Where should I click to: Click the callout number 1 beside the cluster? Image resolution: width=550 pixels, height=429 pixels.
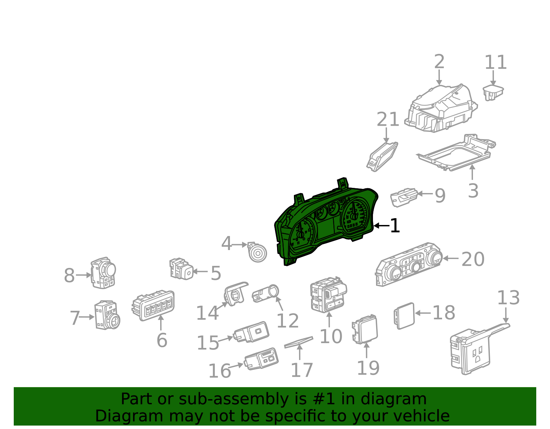395,226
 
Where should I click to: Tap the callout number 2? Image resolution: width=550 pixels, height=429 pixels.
439,62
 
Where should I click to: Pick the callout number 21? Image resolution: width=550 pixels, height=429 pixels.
388,120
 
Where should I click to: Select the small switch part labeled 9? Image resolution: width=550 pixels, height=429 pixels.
404,197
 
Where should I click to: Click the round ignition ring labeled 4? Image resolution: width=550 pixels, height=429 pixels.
257,253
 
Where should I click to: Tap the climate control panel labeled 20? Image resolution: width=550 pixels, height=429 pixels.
409,264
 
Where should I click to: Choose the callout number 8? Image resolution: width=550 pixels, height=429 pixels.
69,275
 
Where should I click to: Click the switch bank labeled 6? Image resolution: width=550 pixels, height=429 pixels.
153,305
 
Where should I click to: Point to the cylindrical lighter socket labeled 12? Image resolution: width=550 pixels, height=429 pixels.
265,294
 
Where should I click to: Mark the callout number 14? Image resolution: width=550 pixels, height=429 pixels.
207,313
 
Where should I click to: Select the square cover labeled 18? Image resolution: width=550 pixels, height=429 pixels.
404,315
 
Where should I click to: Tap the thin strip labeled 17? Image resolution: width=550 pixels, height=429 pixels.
298,342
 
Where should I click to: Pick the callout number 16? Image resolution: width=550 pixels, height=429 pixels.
219,371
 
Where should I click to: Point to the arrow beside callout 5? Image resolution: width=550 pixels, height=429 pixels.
200,271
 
